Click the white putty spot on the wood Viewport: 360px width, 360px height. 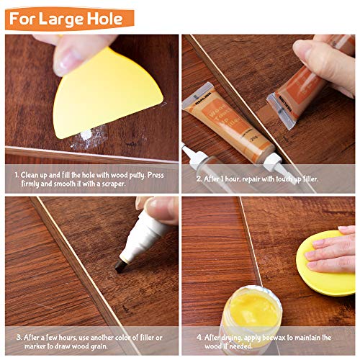85,134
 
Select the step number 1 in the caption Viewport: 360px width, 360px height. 16,175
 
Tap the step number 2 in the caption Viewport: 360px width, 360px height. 199,177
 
